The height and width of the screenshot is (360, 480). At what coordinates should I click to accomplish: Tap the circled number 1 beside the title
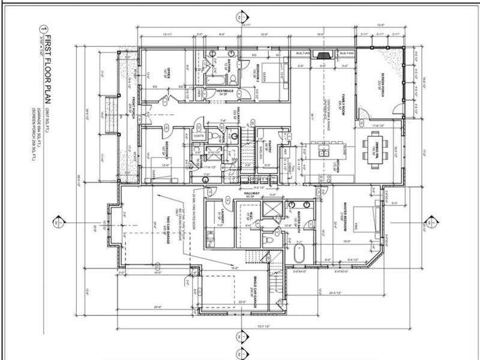coord(43,28)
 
